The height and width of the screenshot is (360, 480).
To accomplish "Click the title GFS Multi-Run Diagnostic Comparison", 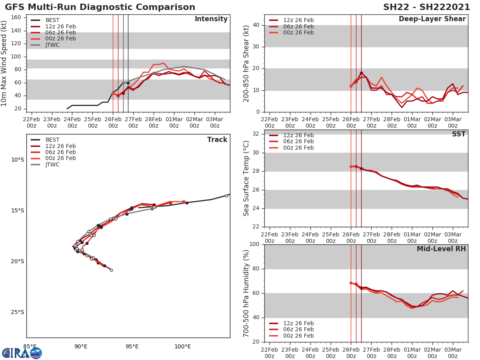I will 100,7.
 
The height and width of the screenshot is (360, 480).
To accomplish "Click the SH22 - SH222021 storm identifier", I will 426,7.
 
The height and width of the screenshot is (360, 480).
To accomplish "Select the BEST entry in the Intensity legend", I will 52,20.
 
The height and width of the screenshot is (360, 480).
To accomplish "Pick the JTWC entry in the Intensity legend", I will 52,45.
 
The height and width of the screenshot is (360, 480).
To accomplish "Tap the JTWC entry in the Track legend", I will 52,164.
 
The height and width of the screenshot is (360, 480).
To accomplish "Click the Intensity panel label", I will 211,19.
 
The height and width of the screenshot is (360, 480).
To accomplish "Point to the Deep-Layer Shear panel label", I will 432,19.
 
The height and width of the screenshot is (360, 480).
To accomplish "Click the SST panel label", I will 458,134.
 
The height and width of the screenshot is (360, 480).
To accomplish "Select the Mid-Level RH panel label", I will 441,249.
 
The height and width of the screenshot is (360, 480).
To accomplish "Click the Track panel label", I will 217,140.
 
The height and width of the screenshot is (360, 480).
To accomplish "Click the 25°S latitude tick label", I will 17,312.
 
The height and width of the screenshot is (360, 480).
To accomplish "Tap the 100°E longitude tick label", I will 182,346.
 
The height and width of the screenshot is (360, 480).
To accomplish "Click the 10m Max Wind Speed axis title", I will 4,63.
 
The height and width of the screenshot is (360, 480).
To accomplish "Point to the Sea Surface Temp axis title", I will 246,178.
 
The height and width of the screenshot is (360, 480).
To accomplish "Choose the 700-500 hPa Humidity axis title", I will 246,293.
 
